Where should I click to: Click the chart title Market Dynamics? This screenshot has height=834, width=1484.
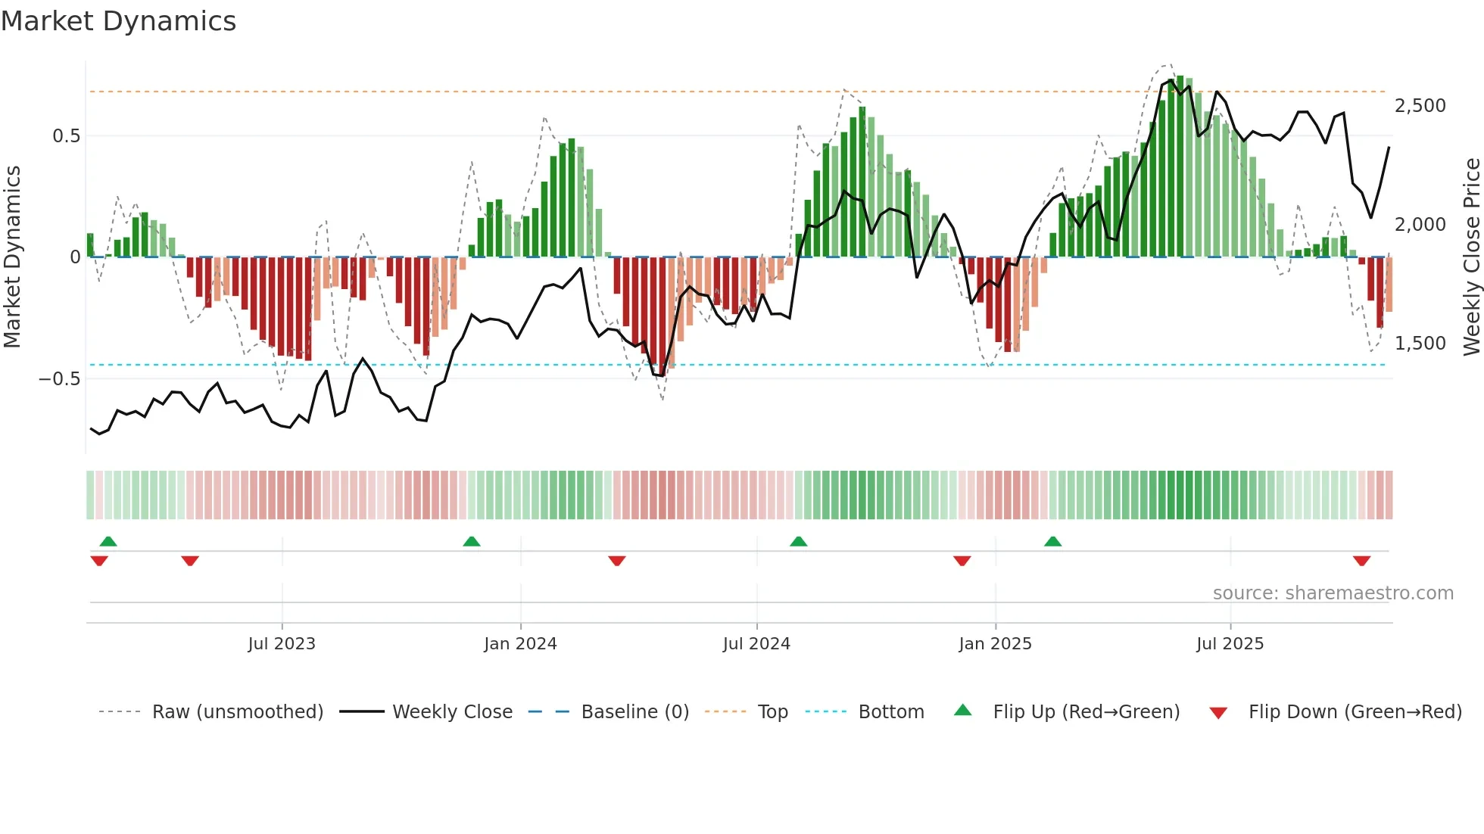coord(118,21)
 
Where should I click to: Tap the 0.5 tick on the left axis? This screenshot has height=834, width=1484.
coord(66,136)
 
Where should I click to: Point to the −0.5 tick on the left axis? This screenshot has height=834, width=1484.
coord(59,378)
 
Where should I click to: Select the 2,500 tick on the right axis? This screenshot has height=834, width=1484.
coord(1420,106)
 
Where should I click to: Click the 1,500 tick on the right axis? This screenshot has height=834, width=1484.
coord(1420,344)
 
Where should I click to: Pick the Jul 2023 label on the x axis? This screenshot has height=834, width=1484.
coord(282,644)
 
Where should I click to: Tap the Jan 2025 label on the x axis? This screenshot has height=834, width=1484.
coord(995,644)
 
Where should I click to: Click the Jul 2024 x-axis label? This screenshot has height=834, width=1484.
coord(756,644)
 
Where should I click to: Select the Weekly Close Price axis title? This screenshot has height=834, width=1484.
coord(1471,257)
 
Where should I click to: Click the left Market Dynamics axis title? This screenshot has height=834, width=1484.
coord(12,257)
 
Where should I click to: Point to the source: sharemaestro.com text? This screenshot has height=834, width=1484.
coord(1333,593)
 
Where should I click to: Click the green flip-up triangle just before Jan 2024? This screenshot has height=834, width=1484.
coord(472,541)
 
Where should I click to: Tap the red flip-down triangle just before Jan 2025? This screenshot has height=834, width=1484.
coord(962,561)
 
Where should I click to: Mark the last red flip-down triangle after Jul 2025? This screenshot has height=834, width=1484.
coord(1362,561)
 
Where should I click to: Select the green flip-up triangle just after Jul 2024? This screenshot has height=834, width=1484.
coord(799,541)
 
